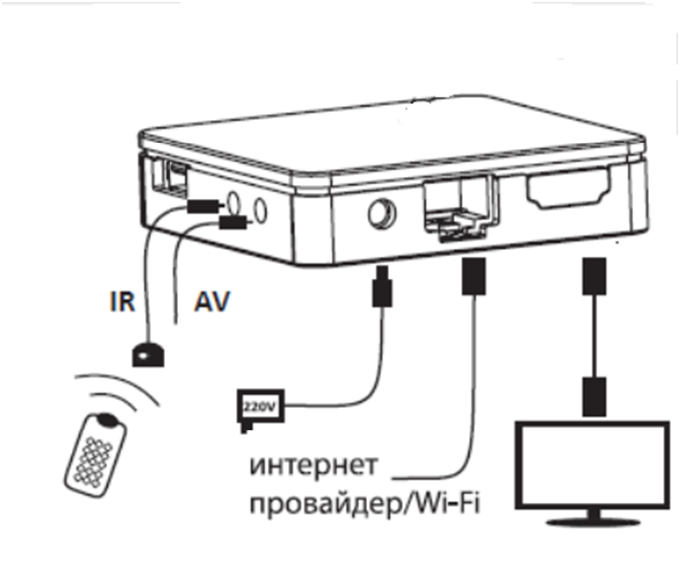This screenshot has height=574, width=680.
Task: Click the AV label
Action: click(x=210, y=301)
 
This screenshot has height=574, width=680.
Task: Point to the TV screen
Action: click(x=590, y=463)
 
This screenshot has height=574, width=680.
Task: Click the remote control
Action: click(x=96, y=453)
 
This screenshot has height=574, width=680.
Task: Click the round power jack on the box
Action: click(x=380, y=212)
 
